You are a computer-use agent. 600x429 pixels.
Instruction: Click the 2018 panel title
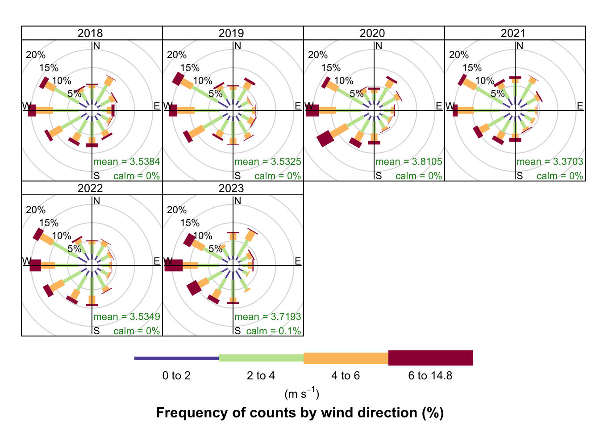click(90, 34)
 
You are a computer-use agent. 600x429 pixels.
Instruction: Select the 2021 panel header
click(513, 34)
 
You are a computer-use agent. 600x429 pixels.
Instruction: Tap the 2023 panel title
click(231, 189)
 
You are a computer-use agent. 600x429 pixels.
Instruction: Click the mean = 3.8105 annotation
click(408, 162)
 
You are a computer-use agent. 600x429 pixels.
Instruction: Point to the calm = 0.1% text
click(274, 331)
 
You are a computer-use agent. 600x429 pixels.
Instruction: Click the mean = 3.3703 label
click(550, 162)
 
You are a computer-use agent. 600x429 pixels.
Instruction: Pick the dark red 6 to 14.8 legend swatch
click(430, 358)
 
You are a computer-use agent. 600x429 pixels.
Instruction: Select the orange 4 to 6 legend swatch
click(346, 358)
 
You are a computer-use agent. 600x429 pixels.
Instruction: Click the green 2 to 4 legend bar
click(261, 358)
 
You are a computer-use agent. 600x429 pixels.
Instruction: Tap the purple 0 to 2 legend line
click(176, 358)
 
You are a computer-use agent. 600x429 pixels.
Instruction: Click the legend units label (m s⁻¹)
click(302, 394)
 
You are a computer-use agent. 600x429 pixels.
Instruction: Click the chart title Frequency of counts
click(300, 412)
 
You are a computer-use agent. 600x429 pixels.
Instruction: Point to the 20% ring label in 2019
click(177, 55)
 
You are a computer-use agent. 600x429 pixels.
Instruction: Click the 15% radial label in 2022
click(49, 223)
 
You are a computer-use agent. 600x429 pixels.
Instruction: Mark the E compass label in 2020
click(439, 106)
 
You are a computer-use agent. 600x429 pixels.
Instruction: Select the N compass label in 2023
click(238, 201)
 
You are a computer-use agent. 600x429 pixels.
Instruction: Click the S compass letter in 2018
click(96, 176)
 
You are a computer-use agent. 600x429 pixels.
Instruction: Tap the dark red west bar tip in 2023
click(174, 265)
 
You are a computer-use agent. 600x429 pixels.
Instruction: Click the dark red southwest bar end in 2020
click(325, 139)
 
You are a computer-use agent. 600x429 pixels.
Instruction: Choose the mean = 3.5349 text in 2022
click(127, 317)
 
